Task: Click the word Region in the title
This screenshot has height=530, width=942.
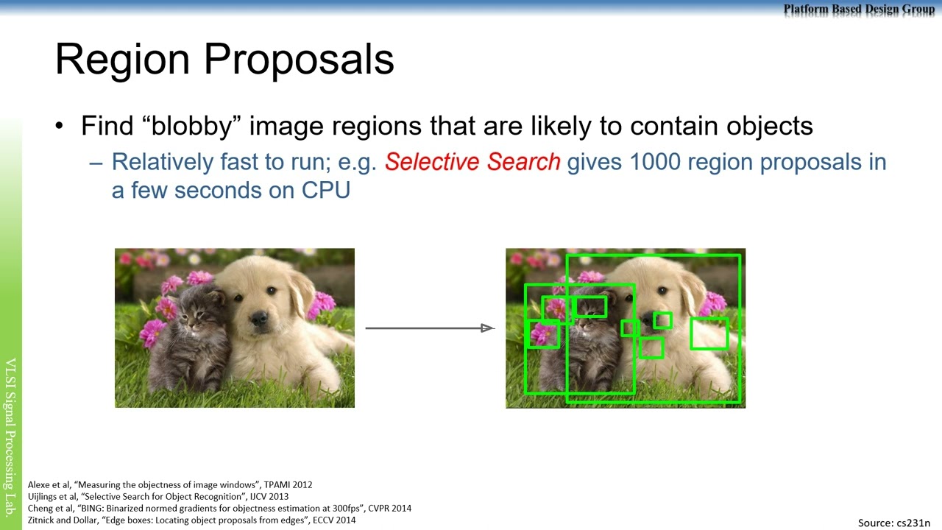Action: tap(122, 60)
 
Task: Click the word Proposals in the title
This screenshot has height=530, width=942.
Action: tap(299, 60)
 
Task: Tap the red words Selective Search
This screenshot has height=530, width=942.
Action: tap(472, 162)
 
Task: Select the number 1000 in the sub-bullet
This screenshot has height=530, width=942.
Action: tap(655, 162)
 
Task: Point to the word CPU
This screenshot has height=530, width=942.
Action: tap(326, 190)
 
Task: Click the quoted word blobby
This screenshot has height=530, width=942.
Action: tap(192, 126)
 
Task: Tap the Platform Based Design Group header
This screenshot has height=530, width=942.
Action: tap(859, 10)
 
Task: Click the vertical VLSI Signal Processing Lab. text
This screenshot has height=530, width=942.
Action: tap(10, 437)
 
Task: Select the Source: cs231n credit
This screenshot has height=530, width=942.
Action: tap(894, 523)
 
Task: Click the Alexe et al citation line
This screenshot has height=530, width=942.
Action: tap(170, 484)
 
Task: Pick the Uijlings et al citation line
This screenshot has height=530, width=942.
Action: tap(158, 496)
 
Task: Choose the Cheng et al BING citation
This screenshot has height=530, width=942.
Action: tap(219, 508)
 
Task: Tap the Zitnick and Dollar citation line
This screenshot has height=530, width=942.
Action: tap(192, 520)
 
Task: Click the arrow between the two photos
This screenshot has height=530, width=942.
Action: tap(430, 328)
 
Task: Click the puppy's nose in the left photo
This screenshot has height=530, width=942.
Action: tap(259, 317)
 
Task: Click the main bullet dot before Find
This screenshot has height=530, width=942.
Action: tap(60, 126)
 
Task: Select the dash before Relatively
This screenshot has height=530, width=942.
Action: tap(96, 163)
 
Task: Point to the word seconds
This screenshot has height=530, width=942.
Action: tap(219, 191)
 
